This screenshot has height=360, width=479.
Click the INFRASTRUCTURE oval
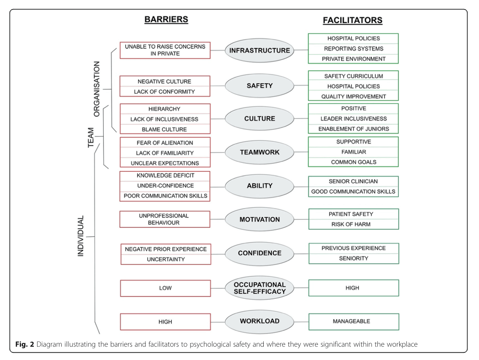point(259,50)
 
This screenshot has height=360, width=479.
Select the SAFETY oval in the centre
point(259,87)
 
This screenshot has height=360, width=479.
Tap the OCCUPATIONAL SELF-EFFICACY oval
point(259,288)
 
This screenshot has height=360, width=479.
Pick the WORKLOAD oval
point(259,321)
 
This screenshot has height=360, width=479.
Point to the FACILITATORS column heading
point(353,20)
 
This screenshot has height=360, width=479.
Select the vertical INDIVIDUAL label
point(81,236)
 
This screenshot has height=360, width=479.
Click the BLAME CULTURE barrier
point(165,129)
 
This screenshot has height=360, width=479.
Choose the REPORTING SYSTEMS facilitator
point(353,49)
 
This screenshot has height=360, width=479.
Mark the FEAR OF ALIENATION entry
point(165,143)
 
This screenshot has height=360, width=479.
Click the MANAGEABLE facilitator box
point(353,321)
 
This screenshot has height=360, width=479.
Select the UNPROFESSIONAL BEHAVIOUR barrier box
point(165,219)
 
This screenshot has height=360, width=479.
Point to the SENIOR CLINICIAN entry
point(353,182)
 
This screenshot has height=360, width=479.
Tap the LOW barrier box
point(165,288)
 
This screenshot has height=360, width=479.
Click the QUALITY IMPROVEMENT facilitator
point(353,97)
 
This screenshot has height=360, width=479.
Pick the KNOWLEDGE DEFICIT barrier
point(165,175)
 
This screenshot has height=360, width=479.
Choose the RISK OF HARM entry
point(353,224)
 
